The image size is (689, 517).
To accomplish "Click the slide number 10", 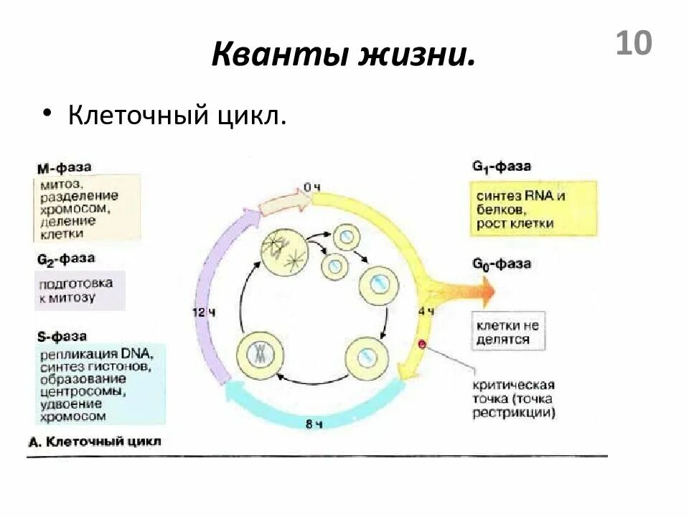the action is [x=634, y=43].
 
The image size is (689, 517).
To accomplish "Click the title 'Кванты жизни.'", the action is [x=343, y=55].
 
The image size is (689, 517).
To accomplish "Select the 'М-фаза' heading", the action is [x=64, y=168].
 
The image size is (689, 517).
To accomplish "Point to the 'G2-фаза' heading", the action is [x=65, y=258].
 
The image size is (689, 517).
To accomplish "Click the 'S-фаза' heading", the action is [x=62, y=336].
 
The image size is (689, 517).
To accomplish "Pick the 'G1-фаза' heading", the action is [x=501, y=167].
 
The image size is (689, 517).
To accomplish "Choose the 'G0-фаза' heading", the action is [x=501, y=264].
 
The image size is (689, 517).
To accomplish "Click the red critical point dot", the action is [x=422, y=345].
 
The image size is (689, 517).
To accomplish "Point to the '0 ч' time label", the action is [x=311, y=187].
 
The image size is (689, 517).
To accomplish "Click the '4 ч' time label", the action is [x=426, y=311].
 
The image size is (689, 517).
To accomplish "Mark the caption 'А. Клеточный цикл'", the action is [x=94, y=441].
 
